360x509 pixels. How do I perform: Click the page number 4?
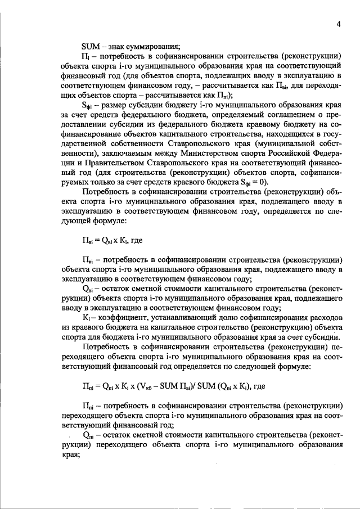pyautogui.click(x=339, y=24)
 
